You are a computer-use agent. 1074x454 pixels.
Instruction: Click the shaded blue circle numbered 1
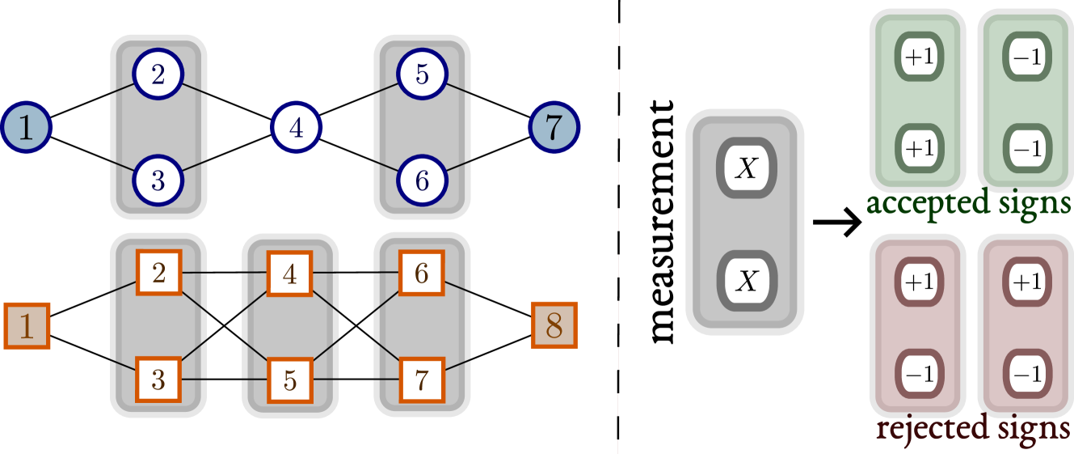click(x=27, y=128)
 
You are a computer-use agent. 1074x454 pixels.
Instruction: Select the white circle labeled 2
click(x=158, y=75)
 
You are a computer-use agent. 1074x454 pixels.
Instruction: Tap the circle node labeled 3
click(x=158, y=180)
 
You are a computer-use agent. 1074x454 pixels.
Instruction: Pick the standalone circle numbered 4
click(x=297, y=128)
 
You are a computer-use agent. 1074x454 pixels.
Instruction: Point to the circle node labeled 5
click(x=422, y=75)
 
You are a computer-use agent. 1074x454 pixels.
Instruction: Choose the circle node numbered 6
click(x=422, y=180)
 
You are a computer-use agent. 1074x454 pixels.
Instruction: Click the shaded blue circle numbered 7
click(x=554, y=128)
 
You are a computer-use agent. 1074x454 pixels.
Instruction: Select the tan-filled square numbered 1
click(x=27, y=325)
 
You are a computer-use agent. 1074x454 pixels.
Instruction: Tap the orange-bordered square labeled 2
click(x=158, y=273)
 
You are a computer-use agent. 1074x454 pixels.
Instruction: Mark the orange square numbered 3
click(x=158, y=379)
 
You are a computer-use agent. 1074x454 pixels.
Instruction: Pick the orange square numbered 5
click(x=290, y=379)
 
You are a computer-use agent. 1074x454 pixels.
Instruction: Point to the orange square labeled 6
click(x=422, y=273)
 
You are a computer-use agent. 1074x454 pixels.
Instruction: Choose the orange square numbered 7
click(x=422, y=379)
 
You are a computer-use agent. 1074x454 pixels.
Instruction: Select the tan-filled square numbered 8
click(x=554, y=325)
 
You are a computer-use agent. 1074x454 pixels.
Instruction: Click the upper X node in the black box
click(x=747, y=168)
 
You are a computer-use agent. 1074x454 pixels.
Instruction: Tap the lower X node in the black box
click(x=747, y=281)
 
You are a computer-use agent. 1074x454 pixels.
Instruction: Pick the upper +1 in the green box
click(x=919, y=57)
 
